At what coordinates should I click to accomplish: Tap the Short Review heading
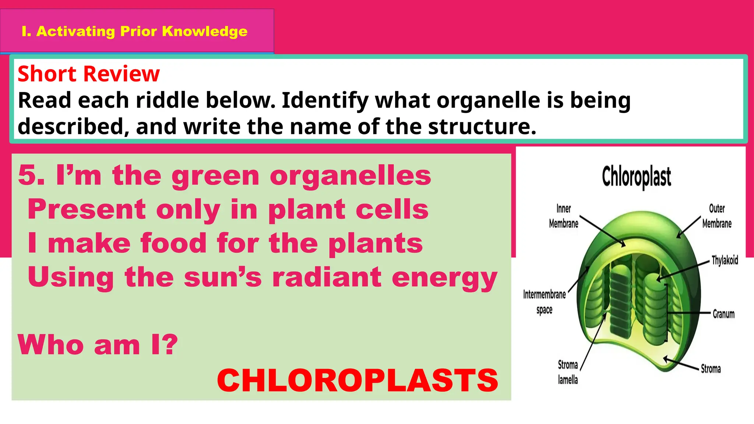(x=89, y=74)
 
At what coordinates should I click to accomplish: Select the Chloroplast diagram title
(x=636, y=177)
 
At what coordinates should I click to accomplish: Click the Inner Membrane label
(x=563, y=216)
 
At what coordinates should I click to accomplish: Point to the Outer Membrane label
(x=716, y=216)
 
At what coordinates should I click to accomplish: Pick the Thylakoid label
(x=725, y=260)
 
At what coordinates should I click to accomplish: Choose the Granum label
(x=723, y=314)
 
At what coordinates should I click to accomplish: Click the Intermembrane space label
(x=544, y=302)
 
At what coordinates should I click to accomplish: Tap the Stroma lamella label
(x=568, y=372)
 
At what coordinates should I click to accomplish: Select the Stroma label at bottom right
(x=711, y=369)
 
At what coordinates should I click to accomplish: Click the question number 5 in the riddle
(x=31, y=176)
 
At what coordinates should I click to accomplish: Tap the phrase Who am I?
(x=98, y=345)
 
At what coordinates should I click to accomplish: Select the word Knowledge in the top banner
(x=204, y=31)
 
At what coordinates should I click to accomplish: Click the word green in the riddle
(x=215, y=176)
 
